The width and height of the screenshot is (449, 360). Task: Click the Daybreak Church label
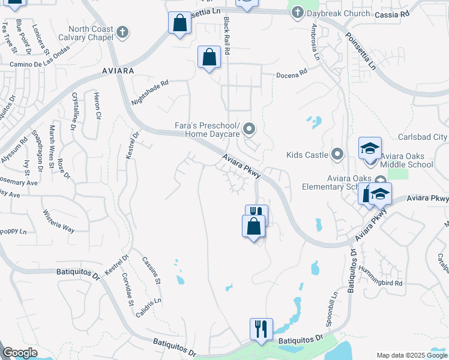[329, 13]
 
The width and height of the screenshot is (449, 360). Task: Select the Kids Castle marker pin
[337, 155]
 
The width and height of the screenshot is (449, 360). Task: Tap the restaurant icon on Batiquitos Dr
[261, 329]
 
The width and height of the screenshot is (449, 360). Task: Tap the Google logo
[20, 353]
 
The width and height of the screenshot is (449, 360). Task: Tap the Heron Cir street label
[97, 107]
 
